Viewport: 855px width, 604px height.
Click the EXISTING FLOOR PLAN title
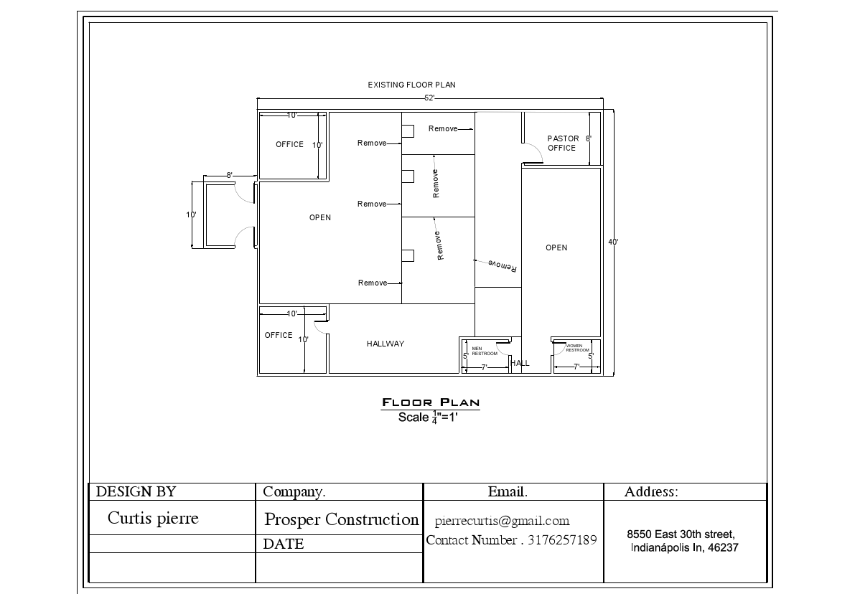(411, 85)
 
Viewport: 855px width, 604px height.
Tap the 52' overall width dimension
(429, 98)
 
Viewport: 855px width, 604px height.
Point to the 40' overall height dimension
(613, 242)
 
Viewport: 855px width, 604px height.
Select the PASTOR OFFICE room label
(562, 143)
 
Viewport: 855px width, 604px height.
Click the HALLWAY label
(386, 344)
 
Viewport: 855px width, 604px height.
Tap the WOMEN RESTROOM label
(577, 348)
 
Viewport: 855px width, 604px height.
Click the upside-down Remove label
(503, 265)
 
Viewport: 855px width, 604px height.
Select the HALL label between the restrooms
(520, 363)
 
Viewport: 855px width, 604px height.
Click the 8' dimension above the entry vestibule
(229, 175)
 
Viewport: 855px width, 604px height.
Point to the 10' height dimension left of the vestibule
(191, 214)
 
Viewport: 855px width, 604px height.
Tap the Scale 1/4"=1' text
(429, 417)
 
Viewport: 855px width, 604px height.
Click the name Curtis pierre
(153, 518)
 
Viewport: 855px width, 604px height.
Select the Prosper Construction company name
(341, 519)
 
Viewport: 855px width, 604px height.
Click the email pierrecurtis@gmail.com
(502, 521)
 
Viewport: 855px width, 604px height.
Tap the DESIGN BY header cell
(136, 491)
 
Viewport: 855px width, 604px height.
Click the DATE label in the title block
(284, 544)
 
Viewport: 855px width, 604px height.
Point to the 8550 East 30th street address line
(680, 534)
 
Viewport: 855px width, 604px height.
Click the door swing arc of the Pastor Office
(533, 152)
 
